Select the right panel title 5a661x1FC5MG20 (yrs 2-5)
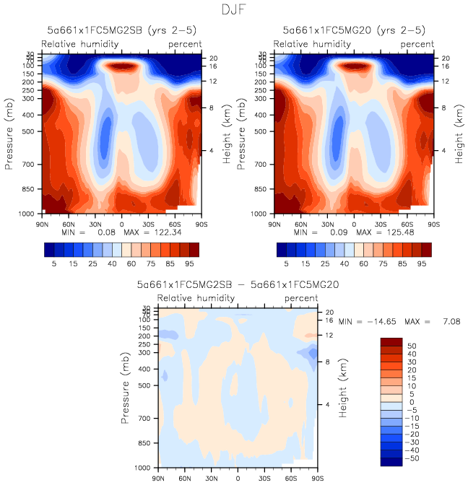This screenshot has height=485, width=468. pyautogui.click(x=353, y=31)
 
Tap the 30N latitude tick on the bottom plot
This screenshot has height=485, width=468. pyautogui.click(x=212, y=479)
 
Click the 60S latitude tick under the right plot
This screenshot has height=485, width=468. pyautogui.click(x=408, y=224)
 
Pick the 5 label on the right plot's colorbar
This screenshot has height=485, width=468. pyautogui.click(x=286, y=265)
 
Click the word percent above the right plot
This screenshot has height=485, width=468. pyautogui.click(x=417, y=44)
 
